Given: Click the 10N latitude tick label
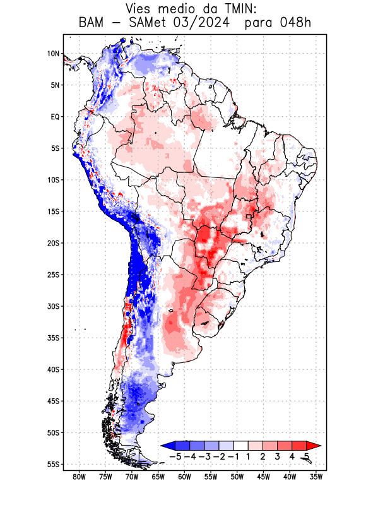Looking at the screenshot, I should coord(53,54).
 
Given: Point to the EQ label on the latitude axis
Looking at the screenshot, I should coord(55,117).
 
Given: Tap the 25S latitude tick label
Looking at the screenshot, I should coord(53,275).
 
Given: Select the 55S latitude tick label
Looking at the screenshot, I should coord(53,465).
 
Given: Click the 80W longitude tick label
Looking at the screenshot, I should coord(80,477).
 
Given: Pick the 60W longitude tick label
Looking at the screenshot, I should coord(184,477).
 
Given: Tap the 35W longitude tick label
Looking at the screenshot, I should coord(316,477).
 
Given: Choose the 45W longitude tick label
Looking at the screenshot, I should coord(263,477).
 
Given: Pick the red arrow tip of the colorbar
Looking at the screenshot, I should coord(313,446).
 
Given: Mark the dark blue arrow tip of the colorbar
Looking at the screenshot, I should coord(166,446).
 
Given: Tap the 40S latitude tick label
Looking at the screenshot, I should coord(53,370).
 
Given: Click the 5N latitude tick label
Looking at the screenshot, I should coord(55,85).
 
